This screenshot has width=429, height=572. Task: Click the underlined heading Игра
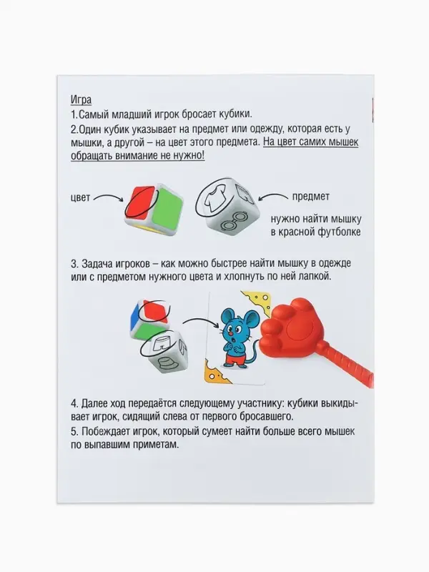coord(81,99)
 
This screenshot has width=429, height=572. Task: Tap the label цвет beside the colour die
coord(82,197)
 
